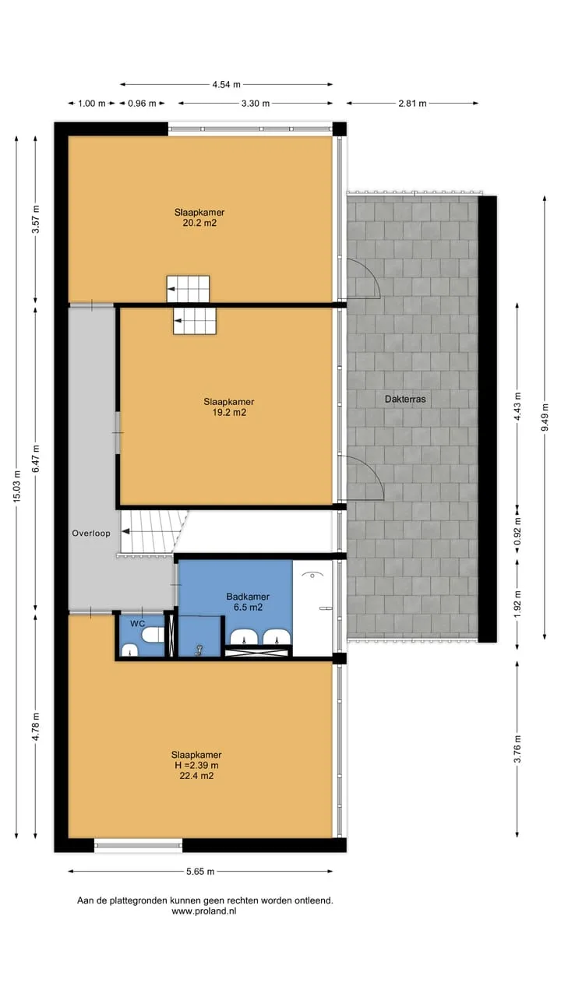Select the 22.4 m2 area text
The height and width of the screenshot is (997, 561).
pos(196,776)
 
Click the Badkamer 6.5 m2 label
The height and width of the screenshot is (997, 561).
pos(248,602)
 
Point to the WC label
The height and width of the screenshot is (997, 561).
pos(138,624)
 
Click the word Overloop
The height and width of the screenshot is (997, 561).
pos(91,534)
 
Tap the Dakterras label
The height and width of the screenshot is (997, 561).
pos(405,400)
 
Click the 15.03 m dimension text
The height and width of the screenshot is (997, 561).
pos(17,487)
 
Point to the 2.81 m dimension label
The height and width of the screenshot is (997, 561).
pos(412,104)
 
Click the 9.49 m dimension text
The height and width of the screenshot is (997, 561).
pos(545,417)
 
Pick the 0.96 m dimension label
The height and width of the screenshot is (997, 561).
pos(142,104)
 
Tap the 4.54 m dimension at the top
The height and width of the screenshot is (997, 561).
pos(226,85)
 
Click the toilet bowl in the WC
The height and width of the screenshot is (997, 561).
pos(153,635)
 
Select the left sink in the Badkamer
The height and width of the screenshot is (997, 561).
pos(244,637)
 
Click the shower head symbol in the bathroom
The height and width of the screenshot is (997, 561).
pos(312,575)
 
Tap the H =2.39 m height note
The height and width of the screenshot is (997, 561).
pos(196,766)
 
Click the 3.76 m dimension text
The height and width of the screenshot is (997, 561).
pos(517,749)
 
